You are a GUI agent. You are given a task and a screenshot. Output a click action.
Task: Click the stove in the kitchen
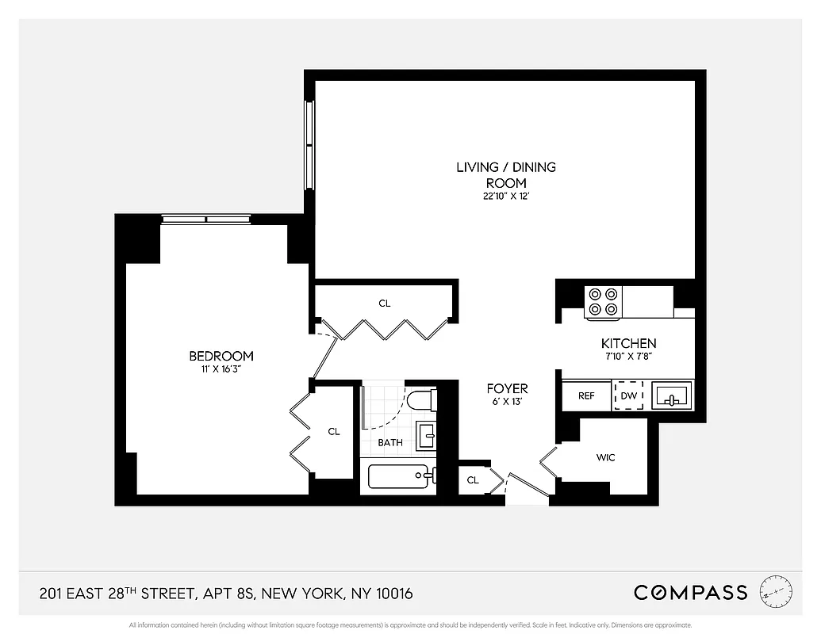tap(603, 301)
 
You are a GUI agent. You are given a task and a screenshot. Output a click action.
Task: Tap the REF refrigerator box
tap(586, 395)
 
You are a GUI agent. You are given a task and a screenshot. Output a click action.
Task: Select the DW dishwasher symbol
tap(628, 395)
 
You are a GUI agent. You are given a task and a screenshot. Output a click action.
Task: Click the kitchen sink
tap(671, 395)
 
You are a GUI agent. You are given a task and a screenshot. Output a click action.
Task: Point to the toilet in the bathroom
tap(421, 399)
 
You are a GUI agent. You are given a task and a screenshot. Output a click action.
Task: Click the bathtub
tap(401, 476)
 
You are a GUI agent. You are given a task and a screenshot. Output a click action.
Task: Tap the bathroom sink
tap(426, 436)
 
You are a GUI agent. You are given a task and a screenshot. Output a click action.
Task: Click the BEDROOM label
tap(221, 356)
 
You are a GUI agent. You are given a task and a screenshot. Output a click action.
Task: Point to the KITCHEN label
tap(628, 343)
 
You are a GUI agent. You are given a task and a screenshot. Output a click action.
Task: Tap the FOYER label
tap(507, 388)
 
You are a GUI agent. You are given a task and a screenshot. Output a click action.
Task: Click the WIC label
tap(605, 457)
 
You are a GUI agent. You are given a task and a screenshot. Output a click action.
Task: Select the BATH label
tap(389, 442)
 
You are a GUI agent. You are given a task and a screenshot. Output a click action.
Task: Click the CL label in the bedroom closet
tap(334, 432)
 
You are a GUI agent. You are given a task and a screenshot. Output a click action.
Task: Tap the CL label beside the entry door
tap(473, 480)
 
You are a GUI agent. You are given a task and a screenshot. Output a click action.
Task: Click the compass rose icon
tap(775, 591)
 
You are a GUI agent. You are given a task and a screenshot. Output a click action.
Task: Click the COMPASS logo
tap(690, 592)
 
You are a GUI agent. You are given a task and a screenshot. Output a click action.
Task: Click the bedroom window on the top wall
tap(206, 220)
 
